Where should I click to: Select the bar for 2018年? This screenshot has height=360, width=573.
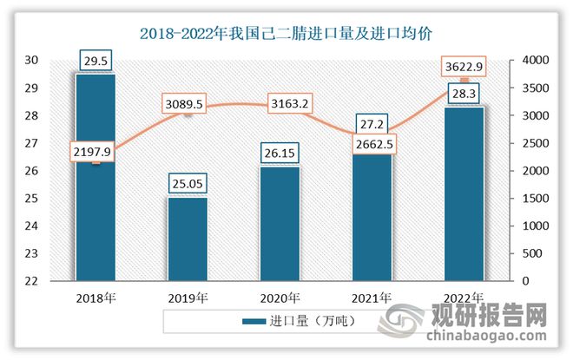pyautogui.click(x=95, y=217)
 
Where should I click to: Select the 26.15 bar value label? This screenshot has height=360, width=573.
pyautogui.click(x=279, y=154)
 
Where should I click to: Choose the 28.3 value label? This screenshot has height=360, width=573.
pyautogui.click(x=463, y=95)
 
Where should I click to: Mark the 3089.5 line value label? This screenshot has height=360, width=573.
pyautogui.click(x=188, y=104)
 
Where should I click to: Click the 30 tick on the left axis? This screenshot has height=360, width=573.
pyautogui.click(x=32, y=60)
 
